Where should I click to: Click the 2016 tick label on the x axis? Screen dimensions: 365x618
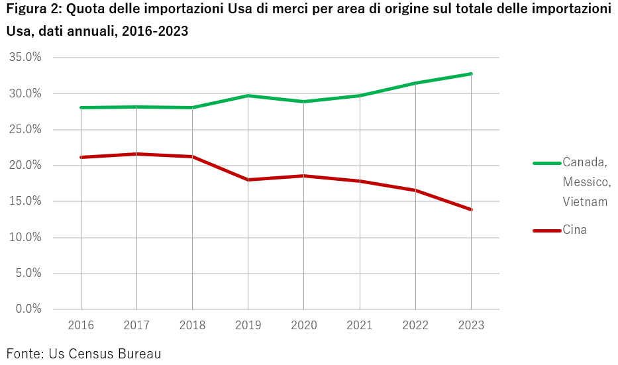coord(81,325)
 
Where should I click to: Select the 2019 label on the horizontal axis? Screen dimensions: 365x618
coord(248,325)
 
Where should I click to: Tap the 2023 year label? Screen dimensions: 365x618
coord(470,325)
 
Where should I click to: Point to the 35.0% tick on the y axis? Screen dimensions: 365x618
coord(25,58)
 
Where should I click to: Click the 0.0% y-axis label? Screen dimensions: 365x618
coord(28,309)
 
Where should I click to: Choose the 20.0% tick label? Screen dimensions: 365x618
coord(25,166)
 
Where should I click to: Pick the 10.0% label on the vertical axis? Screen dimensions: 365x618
coord(25,237)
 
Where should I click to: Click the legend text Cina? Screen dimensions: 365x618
coord(574,230)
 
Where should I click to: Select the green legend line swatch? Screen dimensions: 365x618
coord(546,162)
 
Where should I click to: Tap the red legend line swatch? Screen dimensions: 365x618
coord(546,231)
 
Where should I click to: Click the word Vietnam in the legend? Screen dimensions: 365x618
coord(585,202)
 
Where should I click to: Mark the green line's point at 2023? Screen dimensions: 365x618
coord(471,74)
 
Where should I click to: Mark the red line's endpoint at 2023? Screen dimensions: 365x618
coord(471,209)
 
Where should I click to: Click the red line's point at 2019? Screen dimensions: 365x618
coord(248,180)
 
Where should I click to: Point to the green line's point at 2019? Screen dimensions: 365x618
coord(248,95)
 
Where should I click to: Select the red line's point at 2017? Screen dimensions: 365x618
coord(136,154)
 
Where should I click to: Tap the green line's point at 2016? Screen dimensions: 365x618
coord(81,107)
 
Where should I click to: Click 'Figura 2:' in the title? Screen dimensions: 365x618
coord(32,9)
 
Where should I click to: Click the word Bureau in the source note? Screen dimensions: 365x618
coord(140,353)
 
